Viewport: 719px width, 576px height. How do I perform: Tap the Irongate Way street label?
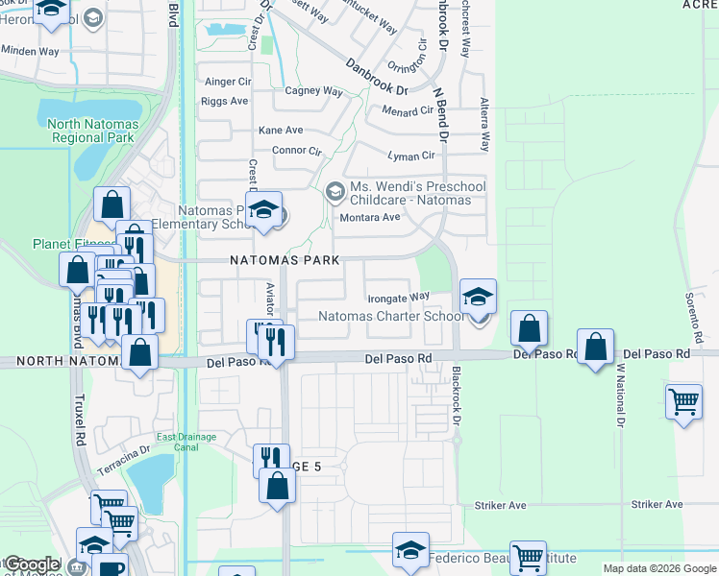click(x=399, y=298)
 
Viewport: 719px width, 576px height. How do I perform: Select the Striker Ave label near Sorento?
click(x=657, y=504)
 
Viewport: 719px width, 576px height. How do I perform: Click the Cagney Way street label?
click(x=314, y=92)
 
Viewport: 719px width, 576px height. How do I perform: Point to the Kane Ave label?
click(x=281, y=131)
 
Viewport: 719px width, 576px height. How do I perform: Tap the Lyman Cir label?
click(x=410, y=156)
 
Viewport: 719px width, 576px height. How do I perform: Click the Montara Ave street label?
click(x=371, y=217)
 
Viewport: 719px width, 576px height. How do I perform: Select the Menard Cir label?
click(x=408, y=110)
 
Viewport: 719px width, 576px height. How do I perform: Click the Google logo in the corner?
click(x=31, y=564)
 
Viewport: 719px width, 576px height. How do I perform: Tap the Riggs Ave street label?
click(x=227, y=101)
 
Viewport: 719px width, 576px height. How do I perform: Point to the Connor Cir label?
click(x=297, y=151)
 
